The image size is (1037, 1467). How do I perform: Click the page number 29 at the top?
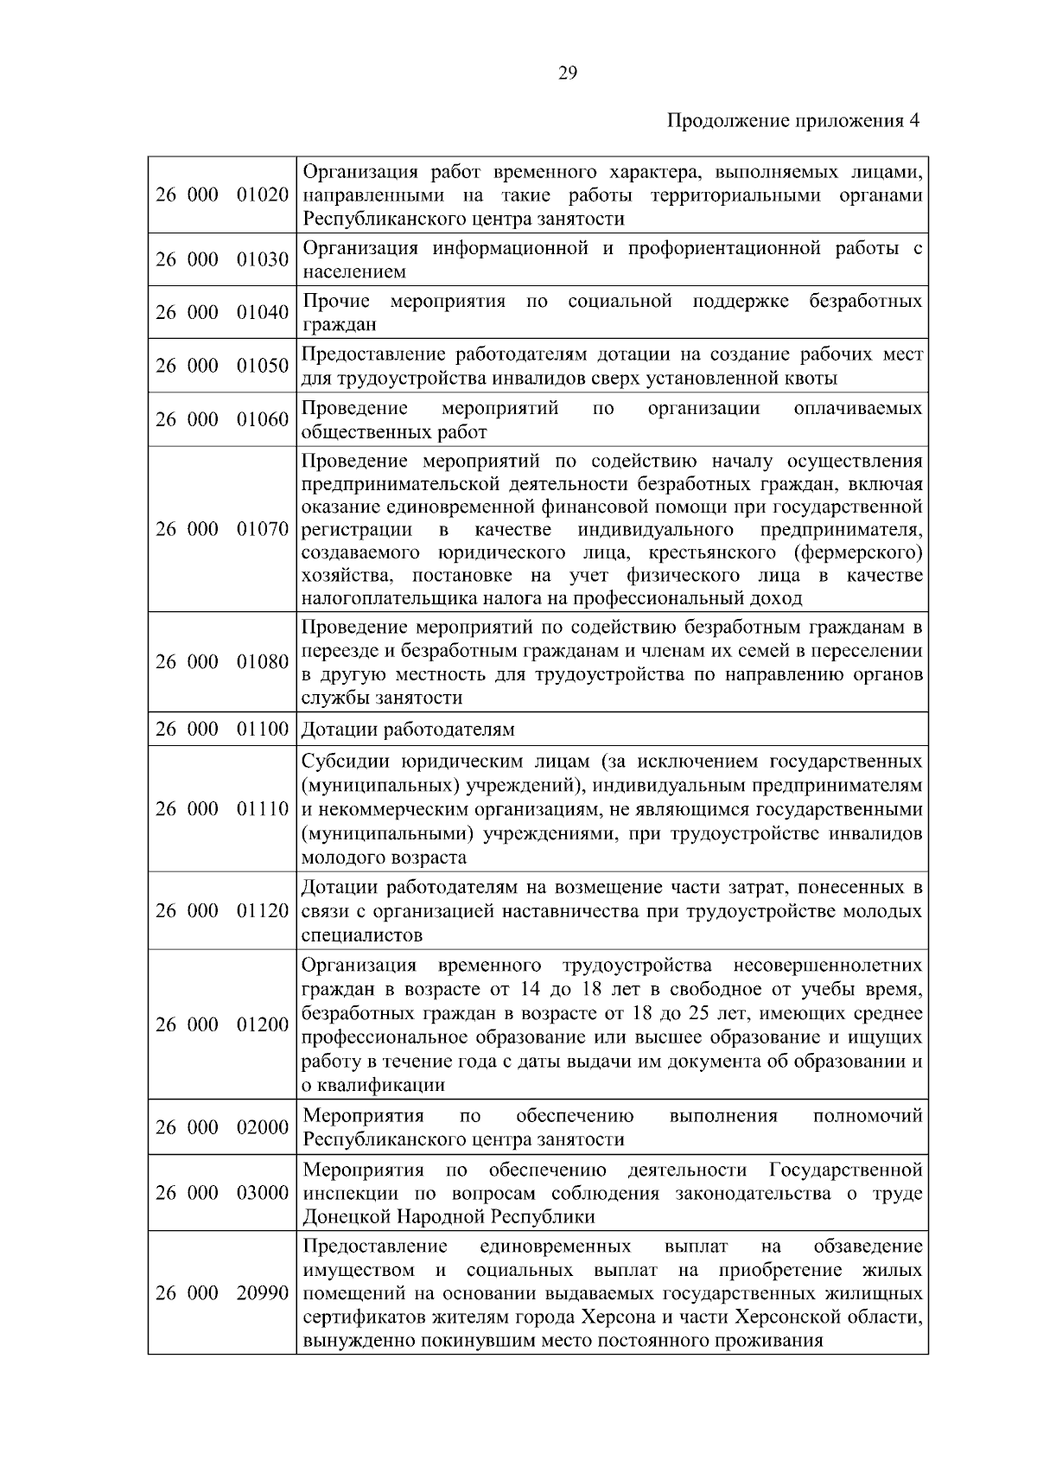(568, 73)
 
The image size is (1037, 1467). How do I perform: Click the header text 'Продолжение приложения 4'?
(793, 121)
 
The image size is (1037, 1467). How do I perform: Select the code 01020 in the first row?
(263, 195)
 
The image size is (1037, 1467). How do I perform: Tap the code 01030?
(263, 260)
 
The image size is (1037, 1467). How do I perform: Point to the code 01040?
(263, 313)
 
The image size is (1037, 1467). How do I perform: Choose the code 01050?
(263, 367)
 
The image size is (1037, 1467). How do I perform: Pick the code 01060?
(263, 420)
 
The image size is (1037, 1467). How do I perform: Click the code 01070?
(263, 529)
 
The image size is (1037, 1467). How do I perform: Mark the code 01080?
(263, 662)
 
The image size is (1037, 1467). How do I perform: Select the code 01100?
(263, 730)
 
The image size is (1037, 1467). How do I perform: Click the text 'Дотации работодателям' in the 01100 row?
(408, 730)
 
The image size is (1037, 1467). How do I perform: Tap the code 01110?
(263, 809)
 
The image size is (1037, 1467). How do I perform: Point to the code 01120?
(263, 911)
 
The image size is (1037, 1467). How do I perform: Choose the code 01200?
(263, 1025)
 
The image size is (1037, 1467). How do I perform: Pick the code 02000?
(263, 1127)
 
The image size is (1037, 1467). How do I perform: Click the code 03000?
(263, 1194)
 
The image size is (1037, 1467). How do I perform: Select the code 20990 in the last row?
(263, 1294)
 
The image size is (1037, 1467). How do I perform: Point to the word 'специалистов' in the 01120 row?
(362, 935)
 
